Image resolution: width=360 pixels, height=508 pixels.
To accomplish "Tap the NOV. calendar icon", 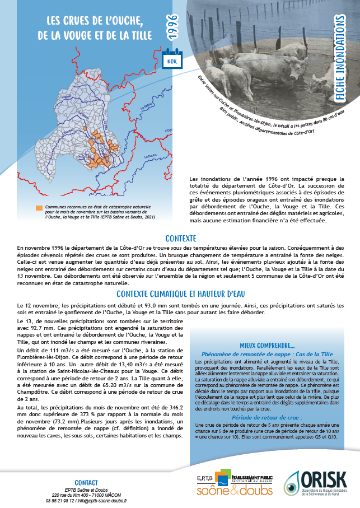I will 172,60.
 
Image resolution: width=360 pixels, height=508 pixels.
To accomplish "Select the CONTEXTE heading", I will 180,237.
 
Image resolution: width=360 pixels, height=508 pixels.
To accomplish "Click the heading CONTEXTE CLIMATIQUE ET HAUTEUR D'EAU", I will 180,293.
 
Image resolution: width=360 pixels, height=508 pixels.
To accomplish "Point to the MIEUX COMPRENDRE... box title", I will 267,345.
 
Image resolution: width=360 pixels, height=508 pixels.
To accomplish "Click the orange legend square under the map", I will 39,207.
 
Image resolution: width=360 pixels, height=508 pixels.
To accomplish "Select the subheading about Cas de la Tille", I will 267,354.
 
